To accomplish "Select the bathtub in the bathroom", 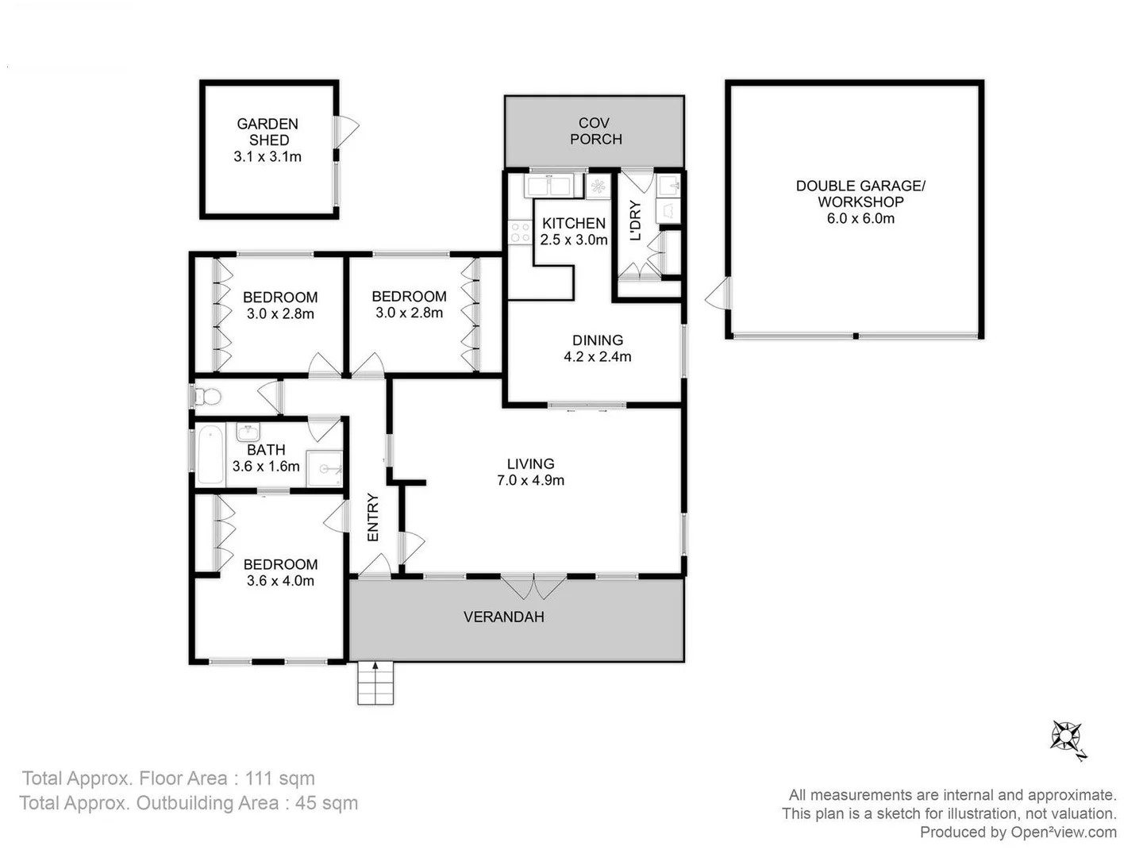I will [210, 455].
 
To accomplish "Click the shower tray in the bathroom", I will [325, 468].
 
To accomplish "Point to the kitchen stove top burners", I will [520, 232].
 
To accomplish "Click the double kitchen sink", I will [548, 186].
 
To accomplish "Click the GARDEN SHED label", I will [268, 132].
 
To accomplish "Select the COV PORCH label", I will [595, 131].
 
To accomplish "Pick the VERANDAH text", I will [504, 617].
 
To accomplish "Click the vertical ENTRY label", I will [373, 517].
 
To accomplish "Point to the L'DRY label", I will [635, 221].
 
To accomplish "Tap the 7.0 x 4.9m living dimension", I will [530, 480].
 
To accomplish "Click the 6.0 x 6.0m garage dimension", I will [860, 218].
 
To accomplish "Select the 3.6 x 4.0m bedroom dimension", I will [280, 581].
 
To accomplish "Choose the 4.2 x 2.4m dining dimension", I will [598, 357].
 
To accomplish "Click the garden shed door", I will [345, 131].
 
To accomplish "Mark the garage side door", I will [717, 294].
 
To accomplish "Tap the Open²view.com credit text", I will [1063, 832].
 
